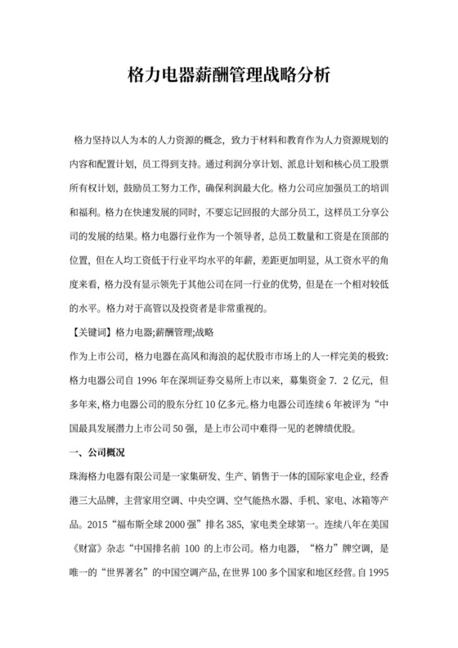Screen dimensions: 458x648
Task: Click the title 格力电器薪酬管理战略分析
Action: tap(229, 76)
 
